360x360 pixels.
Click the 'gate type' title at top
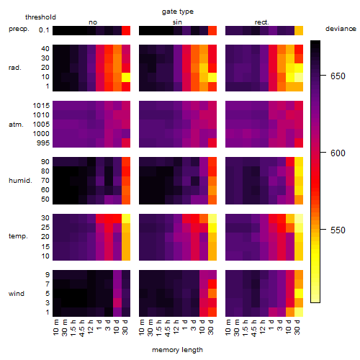[x=178, y=12]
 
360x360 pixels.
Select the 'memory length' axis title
[x=177, y=350]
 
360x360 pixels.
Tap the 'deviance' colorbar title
[x=341, y=29]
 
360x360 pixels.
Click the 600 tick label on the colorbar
[x=338, y=153]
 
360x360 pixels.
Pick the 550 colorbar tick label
[x=338, y=230]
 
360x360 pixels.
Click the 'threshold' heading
[x=40, y=17]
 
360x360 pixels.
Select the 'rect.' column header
[x=262, y=22]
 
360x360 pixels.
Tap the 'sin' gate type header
[x=177, y=22]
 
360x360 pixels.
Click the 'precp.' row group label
[x=19, y=29]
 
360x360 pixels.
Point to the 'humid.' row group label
[x=20, y=181]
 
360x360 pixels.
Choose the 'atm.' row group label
[x=16, y=125]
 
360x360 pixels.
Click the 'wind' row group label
[x=17, y=293]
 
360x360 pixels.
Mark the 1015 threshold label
[x=41, y=106]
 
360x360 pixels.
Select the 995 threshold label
[x=43, y=143]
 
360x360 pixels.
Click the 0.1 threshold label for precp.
[x=44, y=30]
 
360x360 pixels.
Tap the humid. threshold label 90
[x=45, y=162]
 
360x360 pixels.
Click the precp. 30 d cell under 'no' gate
[x=126, y=31]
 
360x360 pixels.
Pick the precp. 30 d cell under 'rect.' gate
[x=299, y=31]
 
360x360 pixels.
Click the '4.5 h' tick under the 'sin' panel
[x=168, y=328]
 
